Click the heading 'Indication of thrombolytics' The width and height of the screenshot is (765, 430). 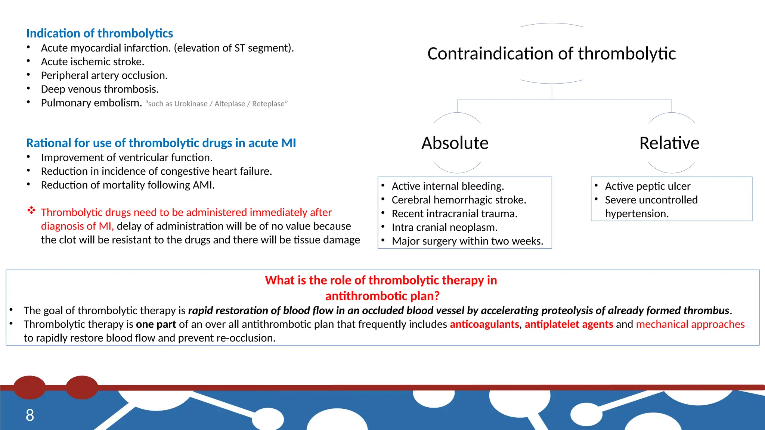click(99, 33)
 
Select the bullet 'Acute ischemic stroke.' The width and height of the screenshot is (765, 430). click(92, 62)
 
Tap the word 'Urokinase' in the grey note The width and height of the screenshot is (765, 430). click(191, 104)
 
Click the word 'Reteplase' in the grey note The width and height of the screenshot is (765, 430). click(268, 104)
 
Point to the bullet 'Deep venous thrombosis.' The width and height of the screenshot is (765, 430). click(100, 89)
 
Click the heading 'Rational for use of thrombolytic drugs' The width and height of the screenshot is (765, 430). click(161, 143)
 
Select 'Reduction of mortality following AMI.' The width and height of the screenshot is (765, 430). click(127, 185)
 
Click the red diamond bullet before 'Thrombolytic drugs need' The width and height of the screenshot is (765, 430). click(31, 211)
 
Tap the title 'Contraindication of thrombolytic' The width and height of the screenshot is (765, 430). click(551, 54)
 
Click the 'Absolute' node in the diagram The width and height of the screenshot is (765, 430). click(455, 143)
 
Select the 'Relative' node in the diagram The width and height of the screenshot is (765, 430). click(669, 143)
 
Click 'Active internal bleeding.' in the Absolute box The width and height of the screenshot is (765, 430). click(447, 186)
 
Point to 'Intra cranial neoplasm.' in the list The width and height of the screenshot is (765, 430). click(444, 227)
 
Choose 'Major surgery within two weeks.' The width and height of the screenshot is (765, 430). click(467, 241)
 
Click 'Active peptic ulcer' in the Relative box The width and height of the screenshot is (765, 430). click(647, 186)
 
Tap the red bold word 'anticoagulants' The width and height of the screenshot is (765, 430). click(484, 324)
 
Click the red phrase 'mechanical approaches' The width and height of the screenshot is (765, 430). click(690, 324)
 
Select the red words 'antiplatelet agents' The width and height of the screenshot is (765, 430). click(569, 324)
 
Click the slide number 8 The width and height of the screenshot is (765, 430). click(30, 415)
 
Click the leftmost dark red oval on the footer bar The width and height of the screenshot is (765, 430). click(30, 387)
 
